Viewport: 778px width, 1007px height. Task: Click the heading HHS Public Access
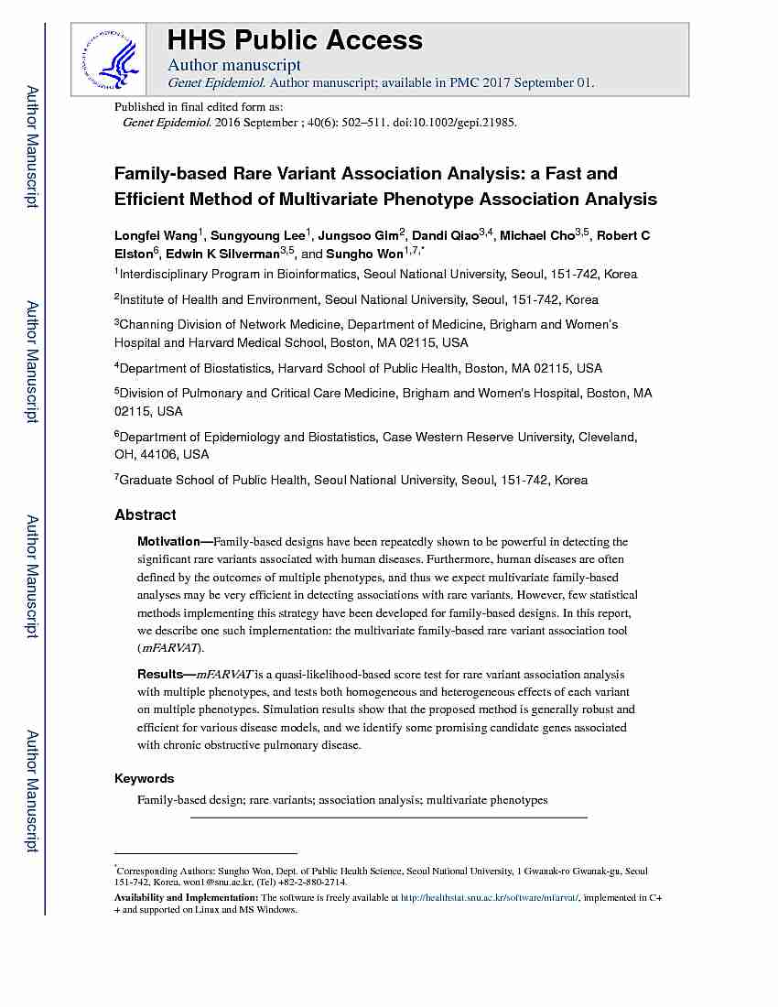coord(295,40)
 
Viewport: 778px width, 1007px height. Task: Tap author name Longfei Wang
coord(156,236)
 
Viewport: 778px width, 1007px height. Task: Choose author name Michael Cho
coord(537,236)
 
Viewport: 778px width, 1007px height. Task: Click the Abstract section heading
coord(146,515)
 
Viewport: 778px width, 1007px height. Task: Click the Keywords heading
coord(144,779)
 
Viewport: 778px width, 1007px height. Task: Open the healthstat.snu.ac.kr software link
coord(490,899)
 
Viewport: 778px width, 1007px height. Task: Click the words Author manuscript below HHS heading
coord(234,65)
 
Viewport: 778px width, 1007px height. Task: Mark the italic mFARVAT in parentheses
coord(169,647)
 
